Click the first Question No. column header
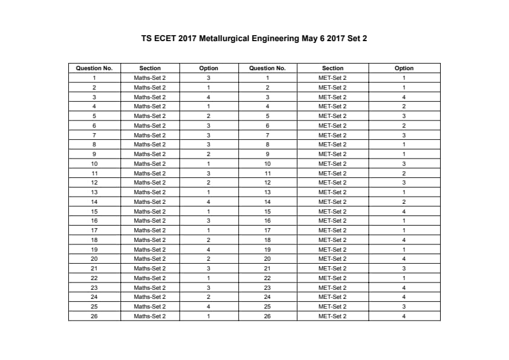(x=94, y=68)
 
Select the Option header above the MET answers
(x=404, y=68)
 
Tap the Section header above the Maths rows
(x=150, y=68)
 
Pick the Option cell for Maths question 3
(x=209, y=97)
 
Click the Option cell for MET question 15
(x=404, y=212)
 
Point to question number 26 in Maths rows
(x=94, y=316)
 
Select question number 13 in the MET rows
(x=267, y=192)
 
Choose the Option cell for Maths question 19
(x=209, y=250)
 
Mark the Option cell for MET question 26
(x=404, y=316)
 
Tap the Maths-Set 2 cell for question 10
(x=150, y=164)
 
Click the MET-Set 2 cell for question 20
(x=332, y=259)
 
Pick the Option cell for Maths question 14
(x=209, y=202)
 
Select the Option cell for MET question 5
(x=404, y=116)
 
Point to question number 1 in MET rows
(x=267, y=78)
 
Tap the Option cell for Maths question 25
(x=209, y=307)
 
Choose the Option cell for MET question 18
(x=404, y=240)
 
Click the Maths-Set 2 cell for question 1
(x=150, y=78)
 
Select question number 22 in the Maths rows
(x=94, y=278)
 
